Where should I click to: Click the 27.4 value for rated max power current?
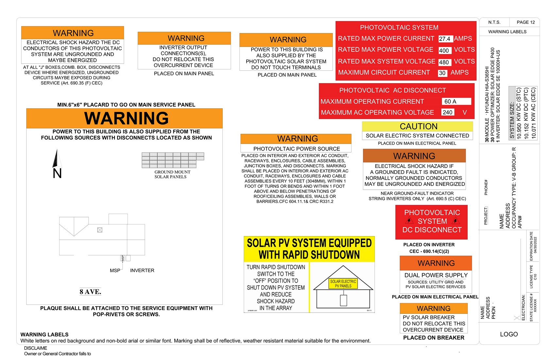tap(445, 39)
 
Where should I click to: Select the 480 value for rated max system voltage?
tap(444, 62)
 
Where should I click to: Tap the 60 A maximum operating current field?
tap(456, 101)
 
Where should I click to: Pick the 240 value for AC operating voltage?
tap(447, 112)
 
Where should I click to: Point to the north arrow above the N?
tap(57, 159)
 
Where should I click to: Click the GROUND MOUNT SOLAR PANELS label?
tap(172, 174)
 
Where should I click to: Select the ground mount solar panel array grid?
tap(172, 160)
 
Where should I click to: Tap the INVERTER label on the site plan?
tap(142, 270)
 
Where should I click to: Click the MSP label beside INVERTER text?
tap(115, 271)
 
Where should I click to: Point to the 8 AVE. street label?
tap(90, 292)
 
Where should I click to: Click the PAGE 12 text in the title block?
tap(526, 22)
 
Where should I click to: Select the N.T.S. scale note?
tap(494, 22)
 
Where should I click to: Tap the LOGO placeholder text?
tap(509, 334)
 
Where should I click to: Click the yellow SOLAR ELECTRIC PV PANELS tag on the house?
tap(343, 284)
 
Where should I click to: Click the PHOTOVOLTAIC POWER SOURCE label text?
tap(296, 149)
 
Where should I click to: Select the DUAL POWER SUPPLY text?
tap(436, 275)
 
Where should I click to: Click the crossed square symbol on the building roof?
tap(100, 230)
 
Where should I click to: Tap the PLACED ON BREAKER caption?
tap(434, 338)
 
